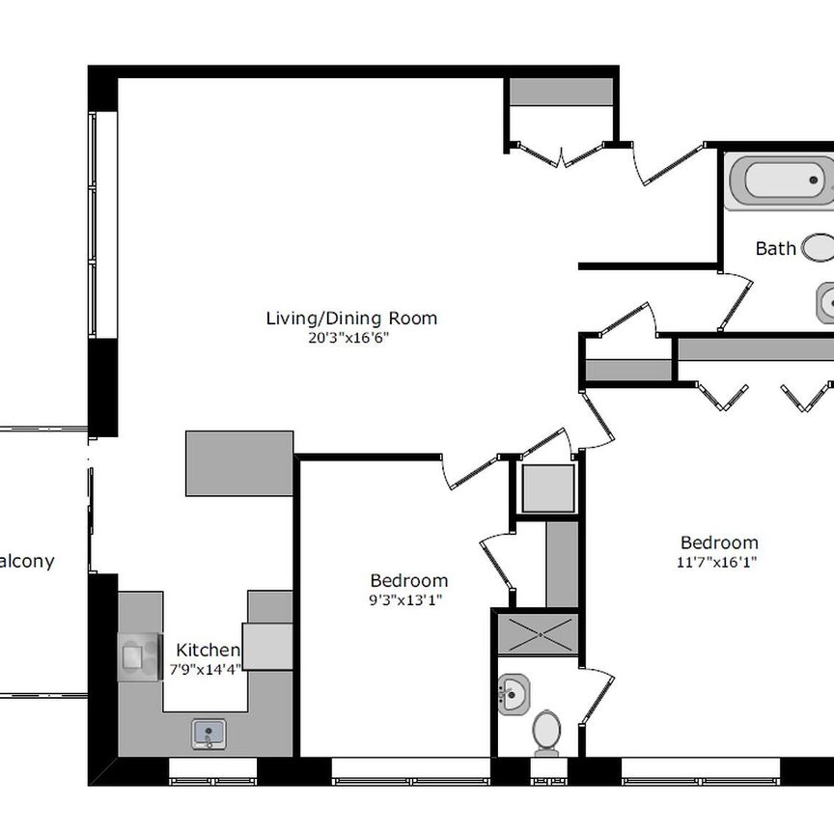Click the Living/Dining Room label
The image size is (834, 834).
(x=351, y=319)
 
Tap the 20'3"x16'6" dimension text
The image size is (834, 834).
(x=348, y=338)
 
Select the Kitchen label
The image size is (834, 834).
(x=208, y=650)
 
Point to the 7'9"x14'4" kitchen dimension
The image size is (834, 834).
(x=206, y=669)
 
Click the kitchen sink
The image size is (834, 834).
(x=209, y=734)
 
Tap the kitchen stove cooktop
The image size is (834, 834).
(x=140, y=657)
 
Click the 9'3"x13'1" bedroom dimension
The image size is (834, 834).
(x=405, y=600)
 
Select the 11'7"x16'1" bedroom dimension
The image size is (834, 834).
(x=716, y=562)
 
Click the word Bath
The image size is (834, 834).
(x=775, y=248)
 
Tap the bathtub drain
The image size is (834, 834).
(x=814, y=181)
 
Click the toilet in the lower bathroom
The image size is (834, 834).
(x=546, y=733)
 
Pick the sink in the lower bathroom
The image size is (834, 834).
(x=514, y=695)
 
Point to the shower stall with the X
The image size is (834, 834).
(x=538, y=634)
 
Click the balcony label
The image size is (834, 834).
(x=27, y=561)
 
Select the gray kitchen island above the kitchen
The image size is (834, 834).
(x=239, y=463)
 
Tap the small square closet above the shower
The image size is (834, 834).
(x=548, y=488)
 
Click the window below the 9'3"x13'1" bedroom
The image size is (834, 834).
(x=410, y=770)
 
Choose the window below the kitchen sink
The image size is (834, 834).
(x=212, y=770)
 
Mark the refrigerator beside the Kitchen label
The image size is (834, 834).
(x=267, y=646)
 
